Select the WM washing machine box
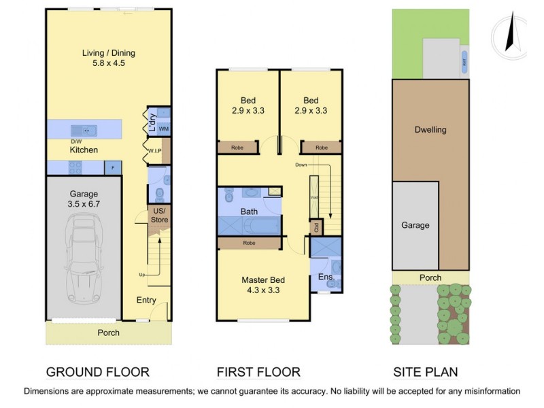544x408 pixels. coord(163,128)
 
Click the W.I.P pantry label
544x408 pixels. coord(154,151)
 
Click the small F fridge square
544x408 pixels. coord(113,167)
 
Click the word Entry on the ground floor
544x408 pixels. coord(146,300)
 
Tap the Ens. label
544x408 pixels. coord(324,277)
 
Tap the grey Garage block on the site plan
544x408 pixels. coord(415,225)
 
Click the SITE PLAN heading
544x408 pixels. coord(425,372)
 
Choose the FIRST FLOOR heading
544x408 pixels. coord(258,372)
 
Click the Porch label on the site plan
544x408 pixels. coord(430,277)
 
